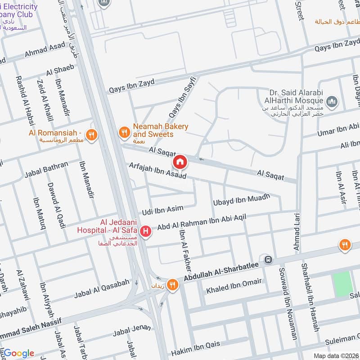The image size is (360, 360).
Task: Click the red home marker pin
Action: [180, 161]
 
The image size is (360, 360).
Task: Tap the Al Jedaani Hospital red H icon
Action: [145, 231]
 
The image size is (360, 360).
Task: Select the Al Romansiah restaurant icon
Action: [92, 135]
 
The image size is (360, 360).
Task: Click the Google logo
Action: [19, 353]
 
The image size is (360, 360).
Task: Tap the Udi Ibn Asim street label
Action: [162, 209]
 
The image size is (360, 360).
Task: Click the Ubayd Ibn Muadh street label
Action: [241, 199]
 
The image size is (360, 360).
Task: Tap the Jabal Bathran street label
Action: [46, 169]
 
